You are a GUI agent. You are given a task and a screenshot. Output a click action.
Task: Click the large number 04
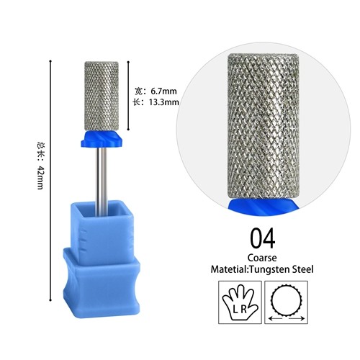263,238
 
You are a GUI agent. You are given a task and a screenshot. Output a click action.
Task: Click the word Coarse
262,258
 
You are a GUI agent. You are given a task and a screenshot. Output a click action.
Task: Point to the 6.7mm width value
163,91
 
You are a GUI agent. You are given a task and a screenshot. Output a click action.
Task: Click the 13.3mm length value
164,102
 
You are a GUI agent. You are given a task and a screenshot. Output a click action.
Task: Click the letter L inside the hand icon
235,310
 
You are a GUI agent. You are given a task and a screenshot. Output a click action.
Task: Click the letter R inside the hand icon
243,310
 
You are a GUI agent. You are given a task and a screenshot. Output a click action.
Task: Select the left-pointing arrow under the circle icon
276,319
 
